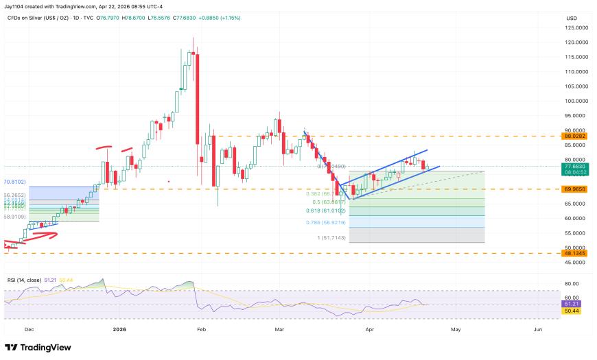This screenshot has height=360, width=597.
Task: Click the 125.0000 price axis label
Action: [x=575, y=28]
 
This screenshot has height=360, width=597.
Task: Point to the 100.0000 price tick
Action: [x=575, y=101]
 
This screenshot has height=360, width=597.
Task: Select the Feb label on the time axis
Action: [x=202, y=330]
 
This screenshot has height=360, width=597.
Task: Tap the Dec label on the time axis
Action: [x=29, y=330]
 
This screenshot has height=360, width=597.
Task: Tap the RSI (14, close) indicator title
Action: [x=26, y=280]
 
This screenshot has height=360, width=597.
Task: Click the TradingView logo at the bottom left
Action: [x=38, y=348]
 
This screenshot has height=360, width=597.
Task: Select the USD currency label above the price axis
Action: [x=571, y=18]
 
